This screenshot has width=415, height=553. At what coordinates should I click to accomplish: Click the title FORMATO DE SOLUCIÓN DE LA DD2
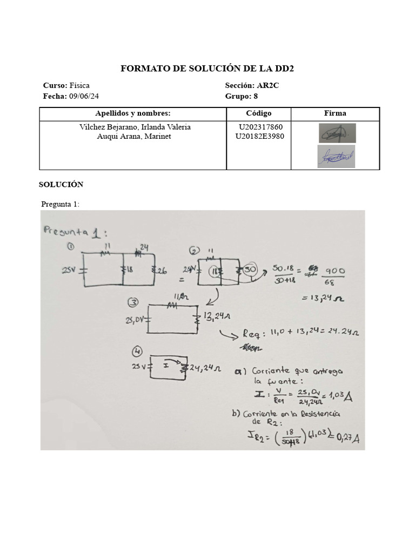(207, 69)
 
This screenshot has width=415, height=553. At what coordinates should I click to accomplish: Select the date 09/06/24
(84, 96)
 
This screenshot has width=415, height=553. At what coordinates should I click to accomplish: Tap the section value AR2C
(268, 85)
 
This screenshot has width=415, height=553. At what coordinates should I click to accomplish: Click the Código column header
(258, 113)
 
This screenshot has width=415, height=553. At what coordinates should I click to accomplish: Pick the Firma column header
(335, 113)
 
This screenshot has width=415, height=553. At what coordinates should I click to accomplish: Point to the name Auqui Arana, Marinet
(133, 136)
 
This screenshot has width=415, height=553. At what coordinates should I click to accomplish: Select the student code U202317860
(260, 127)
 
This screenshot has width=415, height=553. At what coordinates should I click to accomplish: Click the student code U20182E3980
(260, 136)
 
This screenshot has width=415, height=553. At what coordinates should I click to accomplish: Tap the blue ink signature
(336, 157)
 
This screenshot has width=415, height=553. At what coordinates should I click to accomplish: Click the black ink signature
(337, 132)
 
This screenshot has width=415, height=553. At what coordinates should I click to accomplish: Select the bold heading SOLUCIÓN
(61, 185)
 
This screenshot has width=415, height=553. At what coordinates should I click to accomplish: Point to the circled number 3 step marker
(132, 302)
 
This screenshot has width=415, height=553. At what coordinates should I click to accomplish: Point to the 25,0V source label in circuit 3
(135, 320)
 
